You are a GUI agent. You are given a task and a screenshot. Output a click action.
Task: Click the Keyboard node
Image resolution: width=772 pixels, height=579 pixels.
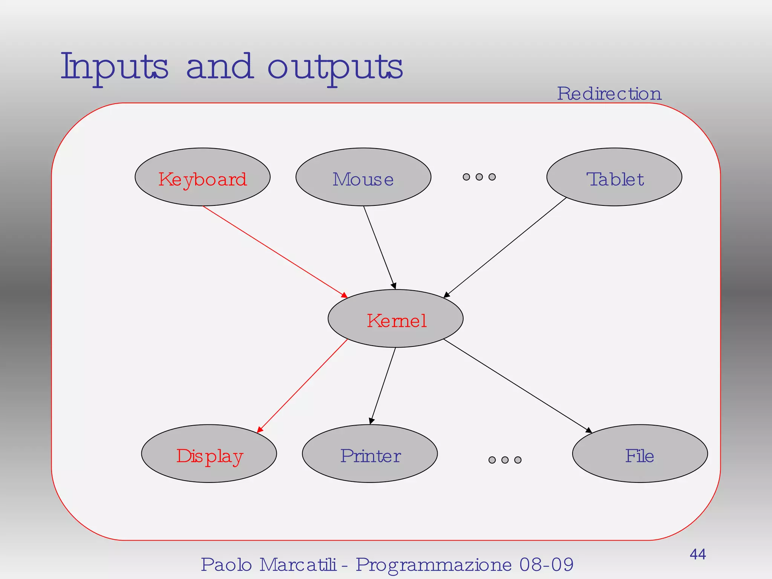[x=202, y=177]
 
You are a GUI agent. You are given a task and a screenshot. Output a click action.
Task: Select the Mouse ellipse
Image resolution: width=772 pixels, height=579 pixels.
[x=363, y=177]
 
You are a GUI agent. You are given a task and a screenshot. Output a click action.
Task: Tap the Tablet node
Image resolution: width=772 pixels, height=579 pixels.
[x=614, y=177]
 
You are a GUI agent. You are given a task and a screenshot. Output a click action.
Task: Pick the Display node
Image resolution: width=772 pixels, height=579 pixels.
[x=209, y=454]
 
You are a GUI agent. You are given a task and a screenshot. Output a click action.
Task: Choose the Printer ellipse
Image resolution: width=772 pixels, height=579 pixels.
[x=370, y=454]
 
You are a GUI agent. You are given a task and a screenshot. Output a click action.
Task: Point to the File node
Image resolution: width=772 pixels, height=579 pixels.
[x=640, y=454]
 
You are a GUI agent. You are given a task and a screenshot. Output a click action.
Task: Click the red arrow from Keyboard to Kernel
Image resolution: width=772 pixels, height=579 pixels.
[x=274, y=251]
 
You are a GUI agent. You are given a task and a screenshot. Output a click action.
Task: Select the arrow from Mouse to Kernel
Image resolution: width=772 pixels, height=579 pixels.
[x=379, y=247]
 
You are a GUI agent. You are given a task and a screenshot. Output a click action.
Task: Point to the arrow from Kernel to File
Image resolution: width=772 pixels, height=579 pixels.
[x=517, y=386]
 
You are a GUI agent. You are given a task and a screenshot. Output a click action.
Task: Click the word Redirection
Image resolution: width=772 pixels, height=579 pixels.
[x=609, y=93]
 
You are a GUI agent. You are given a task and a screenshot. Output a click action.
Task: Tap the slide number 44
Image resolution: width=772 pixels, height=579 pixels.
[x=698, y=554]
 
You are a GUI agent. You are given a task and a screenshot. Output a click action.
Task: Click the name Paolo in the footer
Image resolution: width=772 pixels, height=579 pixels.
[x=226, y=565]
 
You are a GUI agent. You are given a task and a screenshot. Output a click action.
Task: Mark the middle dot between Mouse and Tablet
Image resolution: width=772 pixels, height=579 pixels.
[x=479, y=177]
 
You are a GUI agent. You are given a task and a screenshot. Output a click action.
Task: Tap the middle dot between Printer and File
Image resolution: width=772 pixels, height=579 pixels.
[x=505, y=460]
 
